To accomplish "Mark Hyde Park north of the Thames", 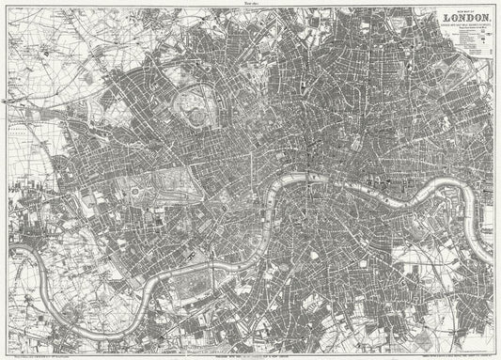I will pyautogui.click(x=173, y=188).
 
